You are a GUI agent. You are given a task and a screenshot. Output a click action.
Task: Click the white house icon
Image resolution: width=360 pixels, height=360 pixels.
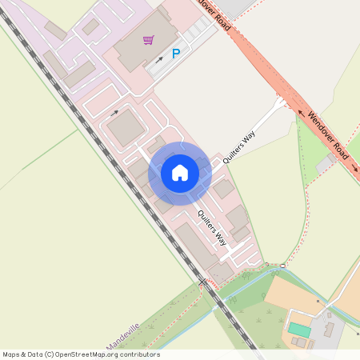(180, 173)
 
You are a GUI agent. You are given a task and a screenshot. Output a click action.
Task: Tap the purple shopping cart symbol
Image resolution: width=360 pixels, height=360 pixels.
(148, 40)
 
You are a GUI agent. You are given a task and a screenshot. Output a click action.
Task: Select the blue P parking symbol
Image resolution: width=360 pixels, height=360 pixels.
(176, 54)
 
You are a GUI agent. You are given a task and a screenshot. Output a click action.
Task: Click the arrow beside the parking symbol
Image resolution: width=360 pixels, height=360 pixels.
(159, 58)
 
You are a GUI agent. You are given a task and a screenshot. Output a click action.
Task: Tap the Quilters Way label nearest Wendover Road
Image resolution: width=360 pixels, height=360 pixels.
(238, 146)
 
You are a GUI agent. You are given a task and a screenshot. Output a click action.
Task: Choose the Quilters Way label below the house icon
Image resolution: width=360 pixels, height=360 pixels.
(212, 227)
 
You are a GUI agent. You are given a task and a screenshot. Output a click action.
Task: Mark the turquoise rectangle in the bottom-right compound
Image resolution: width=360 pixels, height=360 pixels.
(299, 330)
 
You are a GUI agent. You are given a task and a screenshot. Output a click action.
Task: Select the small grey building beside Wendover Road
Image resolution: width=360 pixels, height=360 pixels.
(326, 163)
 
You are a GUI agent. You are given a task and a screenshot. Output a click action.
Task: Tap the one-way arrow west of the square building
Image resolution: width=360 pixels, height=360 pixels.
(114, 113)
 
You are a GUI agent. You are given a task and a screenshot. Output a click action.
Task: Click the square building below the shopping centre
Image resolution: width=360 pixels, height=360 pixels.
(125, 128)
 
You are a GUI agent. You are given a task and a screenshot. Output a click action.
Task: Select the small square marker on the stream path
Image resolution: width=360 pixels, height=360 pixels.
(282, 265)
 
